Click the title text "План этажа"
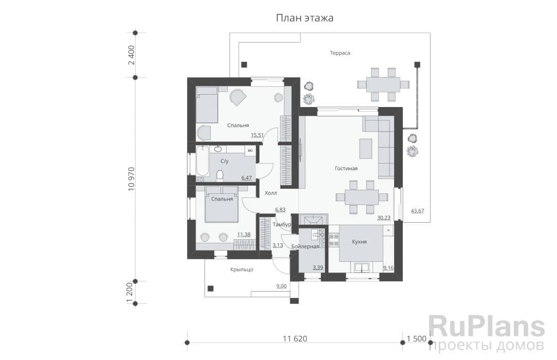tap(305, 18)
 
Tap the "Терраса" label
tap(340, 53)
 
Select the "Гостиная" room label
tap(346, 169)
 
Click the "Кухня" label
tap(359, 242)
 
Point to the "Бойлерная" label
tap(305, 246)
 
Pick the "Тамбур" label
tap(282, 225)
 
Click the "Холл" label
tap(271, 193)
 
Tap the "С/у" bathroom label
tap(225, 161)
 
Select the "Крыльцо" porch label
tap(242, 269)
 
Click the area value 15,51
tap(257, 135)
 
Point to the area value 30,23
tap(384, 218)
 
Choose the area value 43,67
tap(417, 211)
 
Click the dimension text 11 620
tap(295, 339)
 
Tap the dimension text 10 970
tap(132, 179)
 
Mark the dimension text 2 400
tap(132, 55)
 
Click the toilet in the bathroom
tap(220, 175)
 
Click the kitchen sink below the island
tap(361, 267)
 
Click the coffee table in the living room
tap(365, 149)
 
